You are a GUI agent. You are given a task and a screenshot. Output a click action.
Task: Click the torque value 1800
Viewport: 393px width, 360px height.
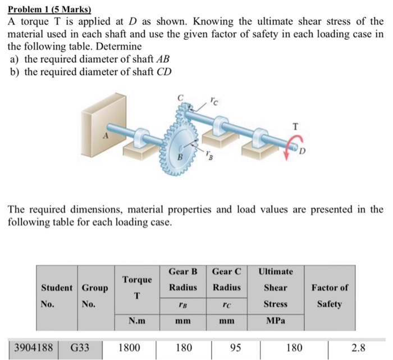point(129,348)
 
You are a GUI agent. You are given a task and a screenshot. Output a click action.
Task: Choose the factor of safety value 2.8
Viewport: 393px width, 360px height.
point(359,348)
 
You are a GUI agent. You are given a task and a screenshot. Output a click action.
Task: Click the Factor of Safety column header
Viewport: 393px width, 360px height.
point(330,295)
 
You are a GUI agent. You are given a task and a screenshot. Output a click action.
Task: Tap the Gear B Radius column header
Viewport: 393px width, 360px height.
point(182,280)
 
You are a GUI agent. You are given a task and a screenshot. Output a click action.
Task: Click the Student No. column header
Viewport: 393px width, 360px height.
point(56,295)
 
